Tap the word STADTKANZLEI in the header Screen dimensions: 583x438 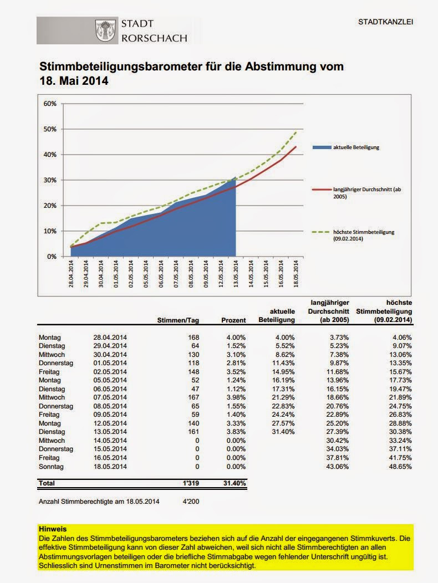click(x=386, y=22)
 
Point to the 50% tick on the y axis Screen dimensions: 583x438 click(x=50, y=129)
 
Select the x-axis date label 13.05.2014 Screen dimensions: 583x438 click(x=236, y=274)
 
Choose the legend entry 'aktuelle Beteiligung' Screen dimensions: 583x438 click(x=356, y=147)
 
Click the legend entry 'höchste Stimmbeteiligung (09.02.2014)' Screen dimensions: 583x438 click(x=364, y=236)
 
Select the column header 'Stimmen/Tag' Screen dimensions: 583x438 click(x=178, y=320)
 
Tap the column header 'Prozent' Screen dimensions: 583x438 click(x=233, y=320)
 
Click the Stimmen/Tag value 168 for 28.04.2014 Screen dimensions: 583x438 click(x=193, y=337)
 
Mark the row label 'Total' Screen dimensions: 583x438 click(x=47, y=484)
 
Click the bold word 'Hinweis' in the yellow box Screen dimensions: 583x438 click(x=52, y=529)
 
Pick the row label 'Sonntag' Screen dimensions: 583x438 click(x=52, y=467)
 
